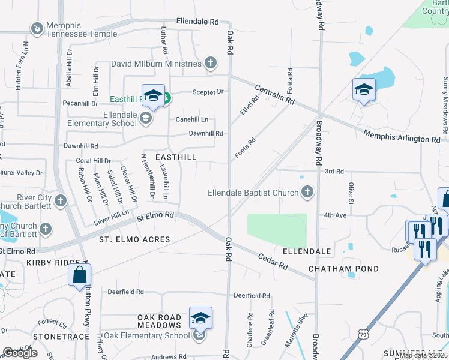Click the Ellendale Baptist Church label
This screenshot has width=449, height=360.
coord(253,193)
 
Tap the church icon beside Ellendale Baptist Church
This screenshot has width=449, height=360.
coord(307,193)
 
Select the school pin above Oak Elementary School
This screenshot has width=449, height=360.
coord(200,318)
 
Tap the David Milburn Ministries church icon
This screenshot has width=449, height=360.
coord(210,63)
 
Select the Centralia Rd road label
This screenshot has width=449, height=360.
coord(274,94)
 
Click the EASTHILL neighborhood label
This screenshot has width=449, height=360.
coord(176,156)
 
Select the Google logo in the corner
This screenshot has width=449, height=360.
coord(20,353)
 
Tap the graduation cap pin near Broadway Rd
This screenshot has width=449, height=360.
coord(363,90)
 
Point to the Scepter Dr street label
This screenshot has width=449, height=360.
coord(208,92)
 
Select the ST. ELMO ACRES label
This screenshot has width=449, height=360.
coord(134,239)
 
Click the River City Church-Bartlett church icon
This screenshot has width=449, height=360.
coord(61,201)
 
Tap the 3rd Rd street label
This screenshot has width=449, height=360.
coord(334,171)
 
